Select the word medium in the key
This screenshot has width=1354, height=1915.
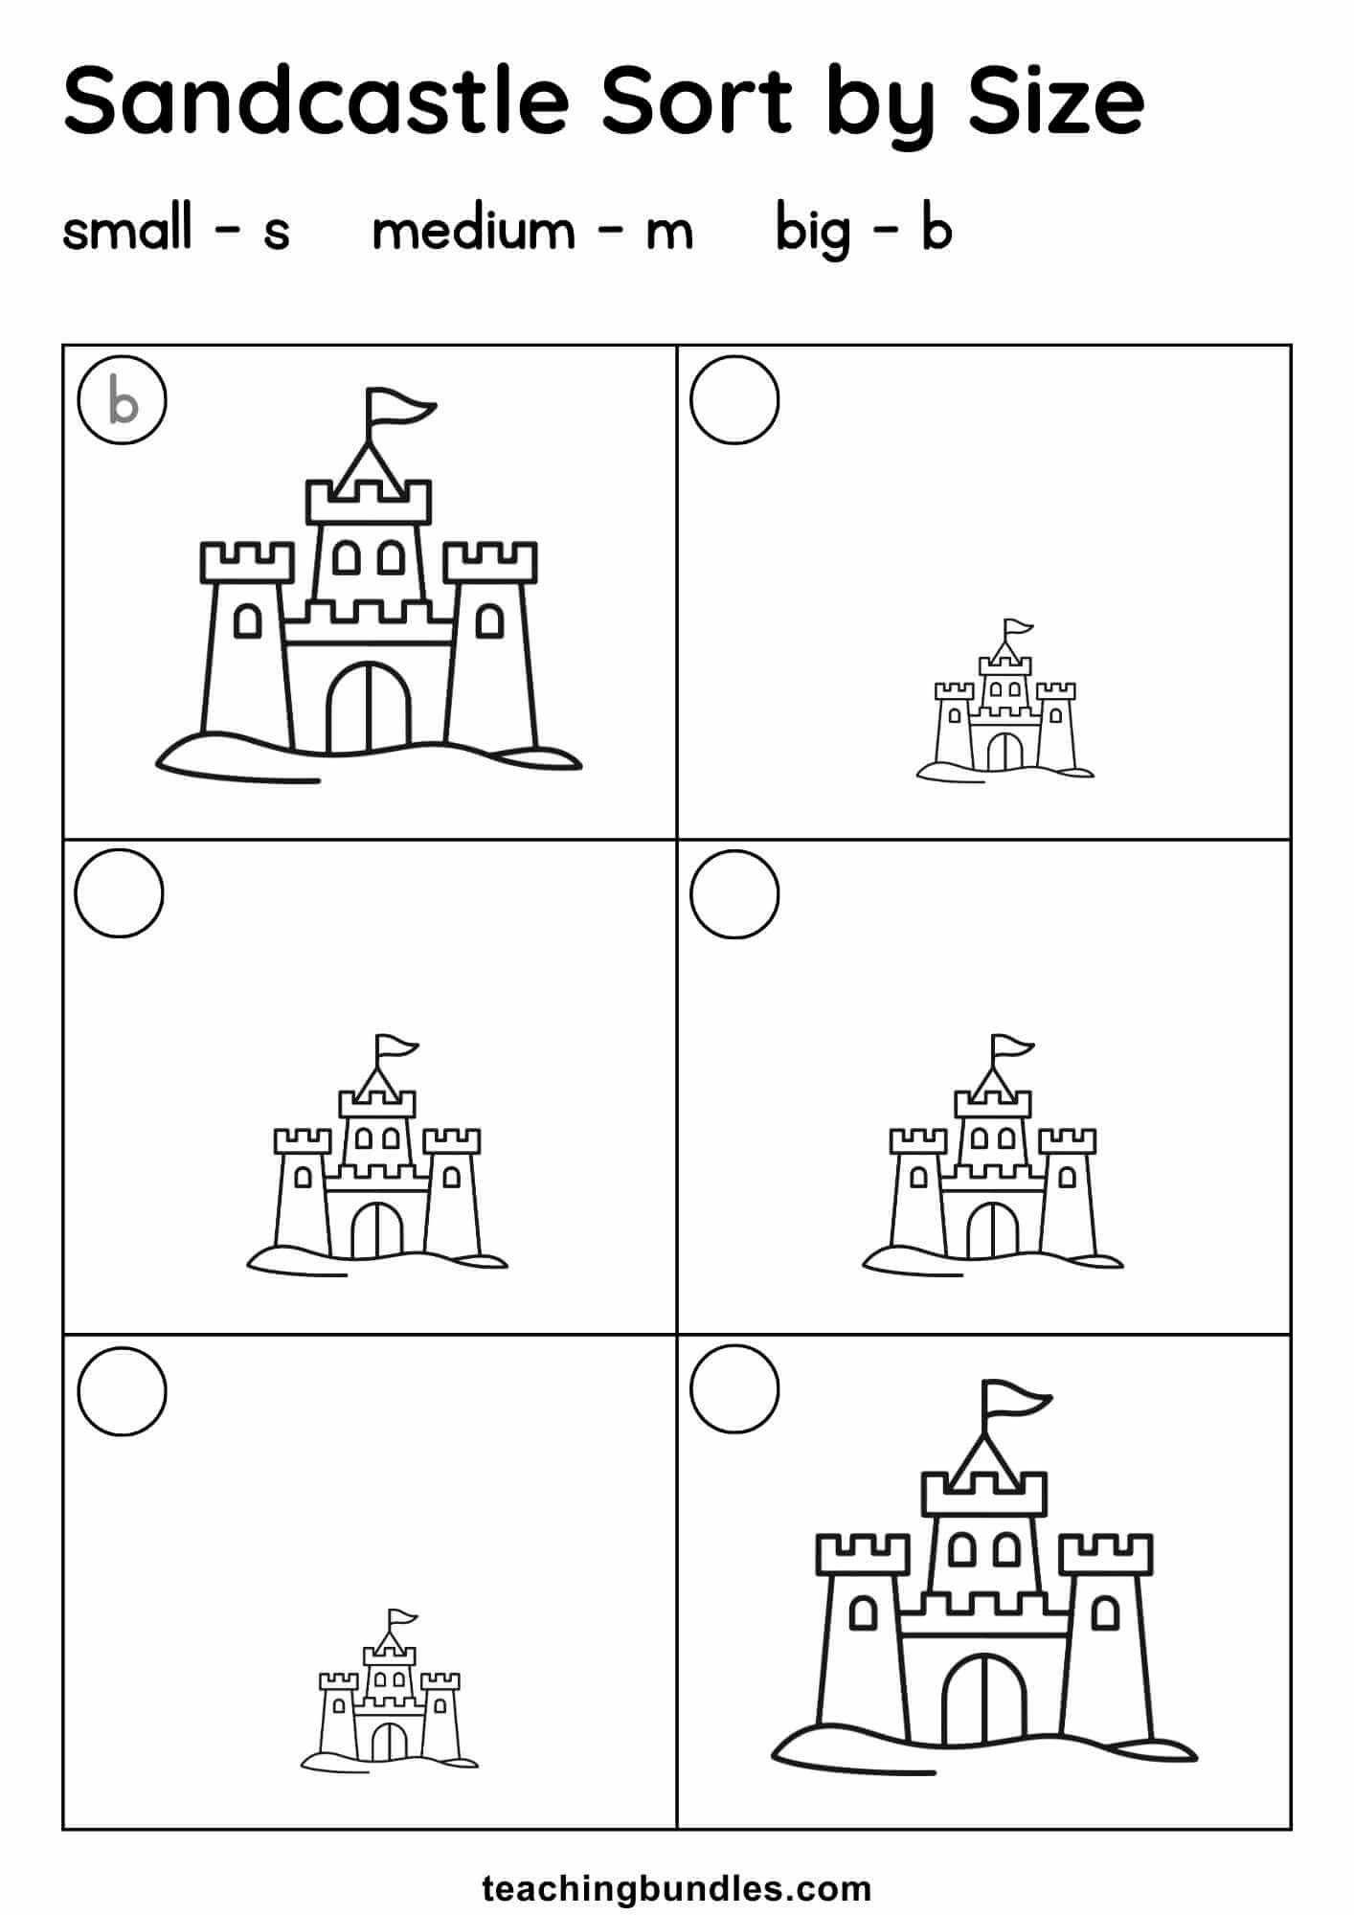pyautogui.click(x=473, y=230)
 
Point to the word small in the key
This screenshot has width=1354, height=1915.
pyautogui.click(x=127, y=230)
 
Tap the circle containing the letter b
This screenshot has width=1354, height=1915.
pyautogui.click(x=123, y=400)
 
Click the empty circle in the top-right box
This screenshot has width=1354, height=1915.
pyautogui.click(x=734, y=400)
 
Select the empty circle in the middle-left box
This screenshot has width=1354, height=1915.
pyautogui.click(x=120, y=893)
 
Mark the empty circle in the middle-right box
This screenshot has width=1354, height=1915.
pyautogui.click(x=734, y=893)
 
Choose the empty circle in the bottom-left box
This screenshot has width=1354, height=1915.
pyautogui.click(x=122, y=1390)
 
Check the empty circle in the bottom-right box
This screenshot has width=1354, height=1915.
pyautogui.click(x=734, y=1390)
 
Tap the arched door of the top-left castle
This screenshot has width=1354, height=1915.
pyautogui.click(x=369, y=707)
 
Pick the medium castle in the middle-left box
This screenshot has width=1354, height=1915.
pyautogui.click(x=377, y=1156)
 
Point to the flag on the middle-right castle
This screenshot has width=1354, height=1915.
pyautogui.click(x=1012, y=1048)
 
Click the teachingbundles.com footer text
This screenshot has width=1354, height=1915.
pyautogui.click(x=677, y=1888)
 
